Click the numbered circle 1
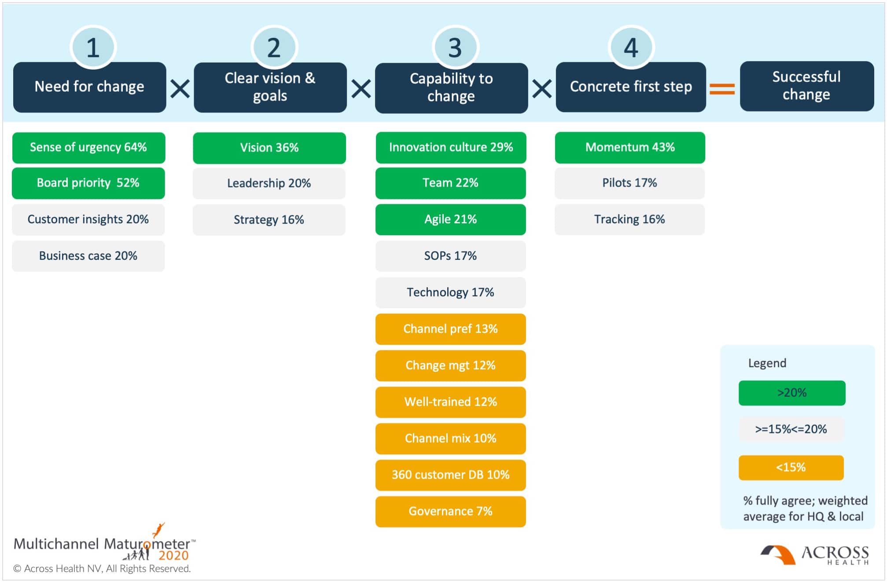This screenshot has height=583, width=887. [x=93, y=47]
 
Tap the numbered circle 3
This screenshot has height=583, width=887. [x=455, y=47]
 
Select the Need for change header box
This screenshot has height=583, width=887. [x=90, y=87]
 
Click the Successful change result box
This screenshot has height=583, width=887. [x=806, y=86]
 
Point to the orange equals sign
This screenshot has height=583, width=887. [x=722, y=89]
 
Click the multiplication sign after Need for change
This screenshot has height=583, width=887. [x=180, y=89]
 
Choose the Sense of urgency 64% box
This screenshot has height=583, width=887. [x=88, y=148]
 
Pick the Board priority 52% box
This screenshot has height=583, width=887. [x=88, y=183]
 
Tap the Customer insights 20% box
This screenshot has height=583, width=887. [x=88, y=220]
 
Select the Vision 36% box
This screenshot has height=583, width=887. [x=269, y=148]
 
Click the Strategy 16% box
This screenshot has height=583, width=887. [x=269, y=220]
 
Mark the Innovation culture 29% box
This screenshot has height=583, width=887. [x=451, y=148]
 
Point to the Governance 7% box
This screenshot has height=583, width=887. [x=451, y=512]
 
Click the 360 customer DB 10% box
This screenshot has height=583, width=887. [x=451, y=475]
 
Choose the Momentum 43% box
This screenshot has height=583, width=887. [x=630, y=148]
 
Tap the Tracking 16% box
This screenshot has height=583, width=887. [x=629, y=219]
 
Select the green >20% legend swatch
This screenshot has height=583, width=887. [x=792, y=393]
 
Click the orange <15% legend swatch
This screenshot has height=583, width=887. [x=791, y=468]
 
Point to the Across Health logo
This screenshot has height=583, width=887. [x=814, y=555]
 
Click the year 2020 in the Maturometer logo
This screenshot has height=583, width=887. [x=173, y=556]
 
